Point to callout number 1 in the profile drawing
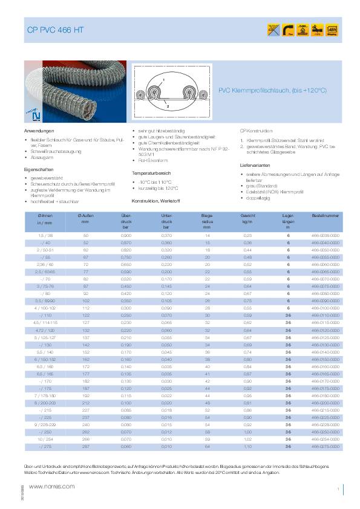click(x=163, y=80)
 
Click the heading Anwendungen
click(x=39, y=131)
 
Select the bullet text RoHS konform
click(x=151, y=160)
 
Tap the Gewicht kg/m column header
click(x=247, y=219)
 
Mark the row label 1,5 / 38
click(x=45, y=235)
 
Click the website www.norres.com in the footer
click(x=52, y=486)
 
